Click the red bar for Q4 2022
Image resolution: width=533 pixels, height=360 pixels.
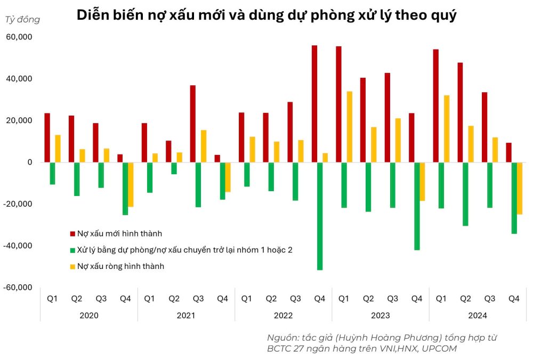click(x=314, y=104)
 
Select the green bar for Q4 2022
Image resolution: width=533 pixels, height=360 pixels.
click(x=320, y=216)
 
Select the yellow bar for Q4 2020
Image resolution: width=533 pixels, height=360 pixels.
click(x=131, y=184)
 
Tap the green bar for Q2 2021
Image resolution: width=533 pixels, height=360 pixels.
click(x=174, y=168)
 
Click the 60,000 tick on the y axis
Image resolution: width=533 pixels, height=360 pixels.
click(x=19, y=37)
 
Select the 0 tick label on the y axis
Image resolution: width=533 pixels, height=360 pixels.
click(x=30, y=162)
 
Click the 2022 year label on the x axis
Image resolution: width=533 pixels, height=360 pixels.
click(x=283, y=315)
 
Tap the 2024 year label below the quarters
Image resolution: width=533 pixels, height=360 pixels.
click(x=477, y=315)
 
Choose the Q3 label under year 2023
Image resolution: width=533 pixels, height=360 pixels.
click(x=392, y=299)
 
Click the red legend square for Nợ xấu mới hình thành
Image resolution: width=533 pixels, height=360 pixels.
click(x=72, y=233)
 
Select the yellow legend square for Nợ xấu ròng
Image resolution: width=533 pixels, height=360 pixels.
click(x=72, y=266)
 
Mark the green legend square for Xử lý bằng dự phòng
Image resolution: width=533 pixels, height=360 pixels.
click(x=72, y=250)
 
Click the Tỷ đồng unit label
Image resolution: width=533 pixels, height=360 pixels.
click(x=22, y=20)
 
